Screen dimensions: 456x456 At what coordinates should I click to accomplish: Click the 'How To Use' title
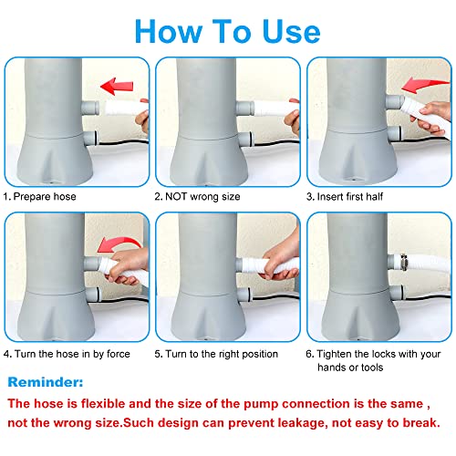pyautogui.click(x=227, y=31)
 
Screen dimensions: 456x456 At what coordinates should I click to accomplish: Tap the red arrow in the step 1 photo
pyautogui.click(x=117, y=86)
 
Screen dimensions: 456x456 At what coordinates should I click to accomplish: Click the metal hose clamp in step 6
pyautogui.click(x=403, y=262)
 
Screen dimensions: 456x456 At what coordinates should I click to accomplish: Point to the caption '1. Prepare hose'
pyautogui.click(x=39, y=197)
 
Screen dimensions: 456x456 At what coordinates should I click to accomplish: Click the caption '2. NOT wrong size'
pyautogui.click(x=197, y=197)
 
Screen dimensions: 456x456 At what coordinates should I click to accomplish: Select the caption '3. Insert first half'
pyautogui.click(x=345, y=197)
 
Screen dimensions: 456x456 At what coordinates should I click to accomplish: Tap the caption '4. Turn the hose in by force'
pyautogui.click(x=67, y=354)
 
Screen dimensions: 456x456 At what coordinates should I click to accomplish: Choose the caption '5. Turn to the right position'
pyautogui.click(x=216, y=354)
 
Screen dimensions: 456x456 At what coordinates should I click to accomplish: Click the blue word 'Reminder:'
pyautogui.click(x=46, y=382)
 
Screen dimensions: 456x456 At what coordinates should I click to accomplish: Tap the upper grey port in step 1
pyautogui.click(x=90, y=108)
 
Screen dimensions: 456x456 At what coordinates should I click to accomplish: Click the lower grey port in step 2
pyautogui.click(x=245, y=140)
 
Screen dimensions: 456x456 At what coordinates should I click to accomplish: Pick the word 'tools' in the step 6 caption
pyautogui.click(x=372, y=368)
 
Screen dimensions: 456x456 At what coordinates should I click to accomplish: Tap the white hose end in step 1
pyautogui.click(x=125, y=108)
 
